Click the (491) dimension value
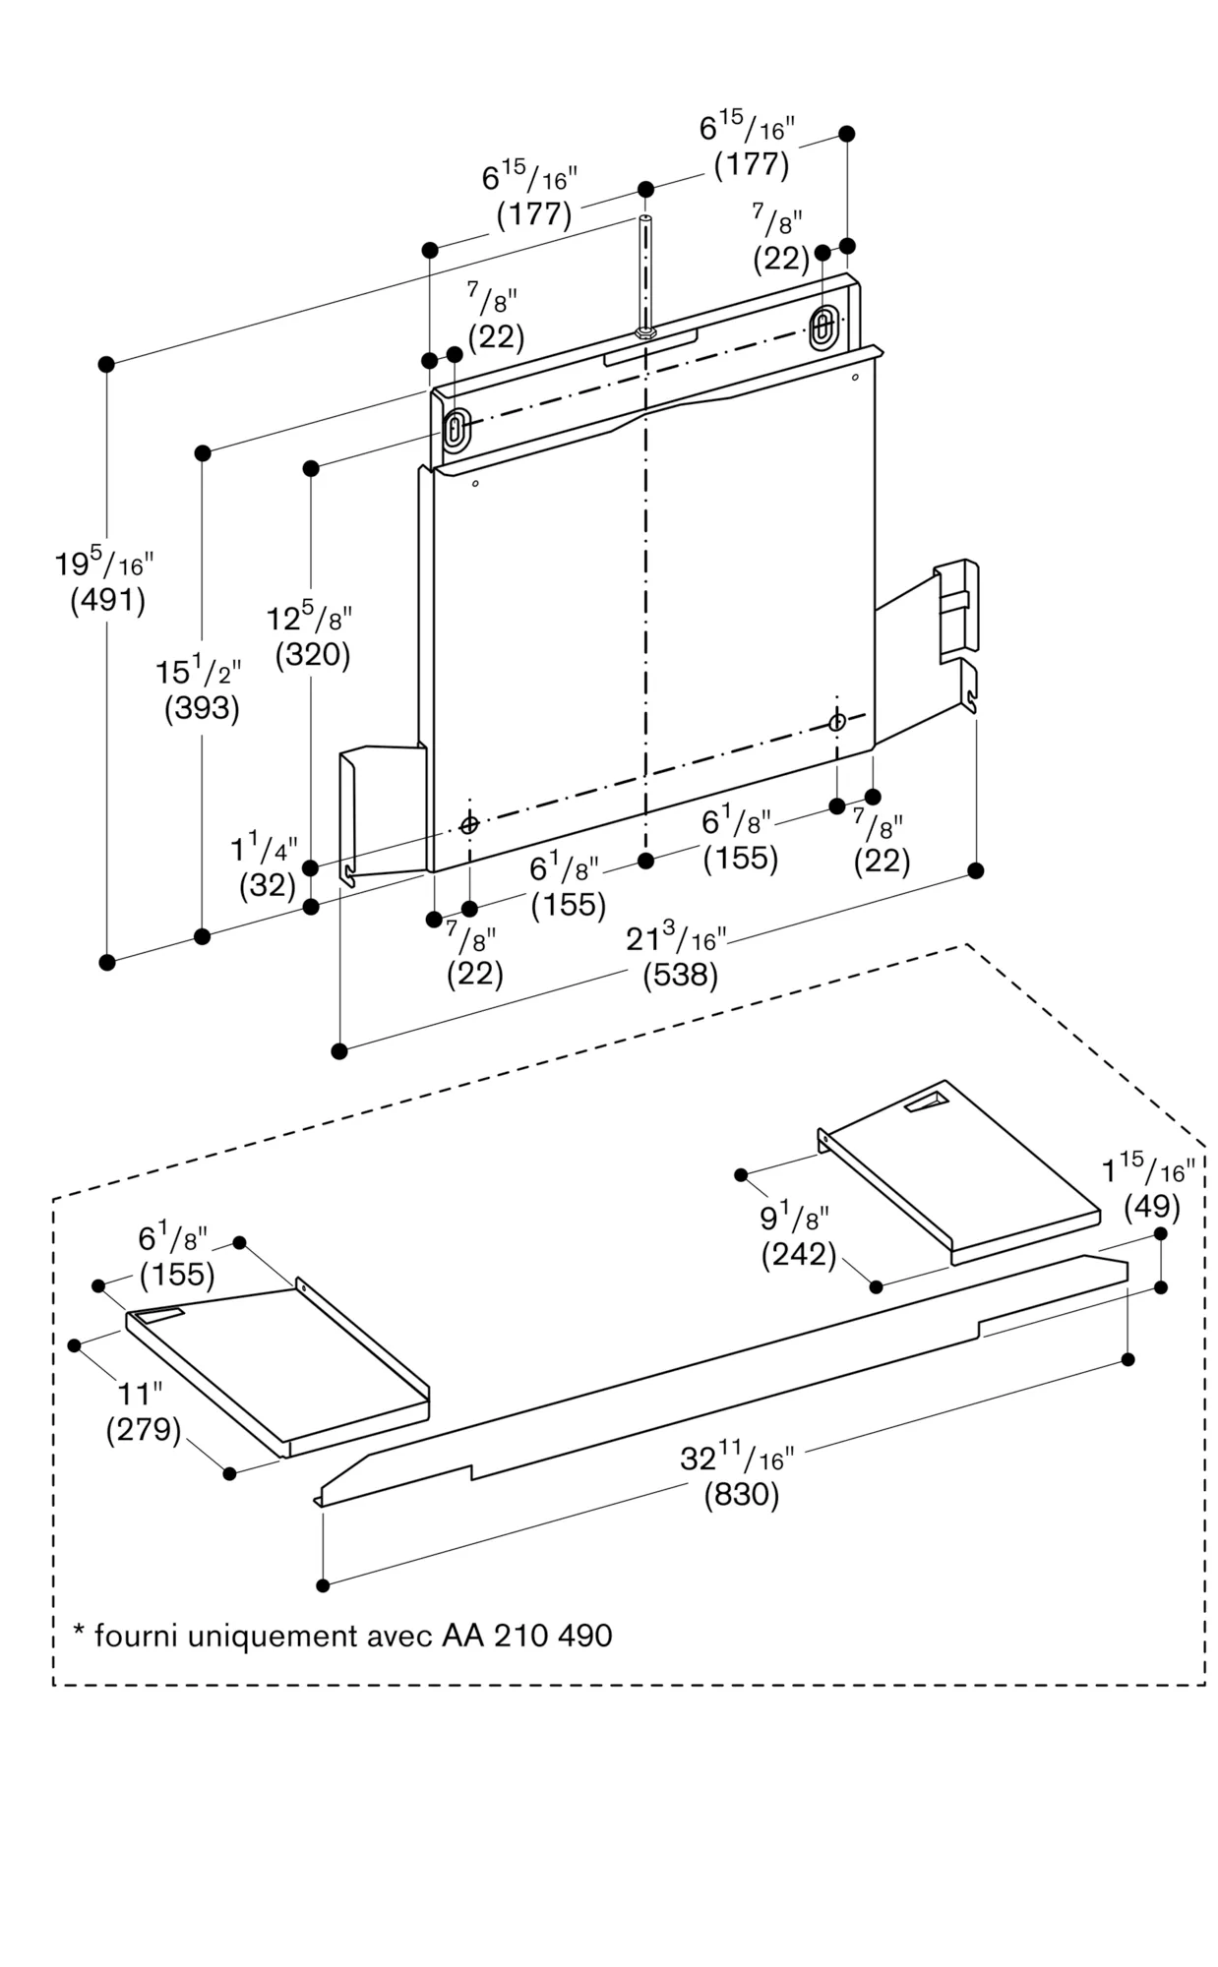(x=107, y=601)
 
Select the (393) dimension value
(x=202, y=708)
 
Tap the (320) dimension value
(x=313, y=655)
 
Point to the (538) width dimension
(x=680, y=976)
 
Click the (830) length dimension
(x=741, y=1495)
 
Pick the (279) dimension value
(x=144, y=1429)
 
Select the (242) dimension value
(x=798, y=1255)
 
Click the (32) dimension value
(x=268, y=885)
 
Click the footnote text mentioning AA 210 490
(x=343, y=1636)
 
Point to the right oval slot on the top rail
(x=822, y=325)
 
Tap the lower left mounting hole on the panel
(x=469, y=824)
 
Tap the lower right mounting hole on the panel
(x=836, y=723)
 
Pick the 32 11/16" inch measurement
(x=737, y=1459)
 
